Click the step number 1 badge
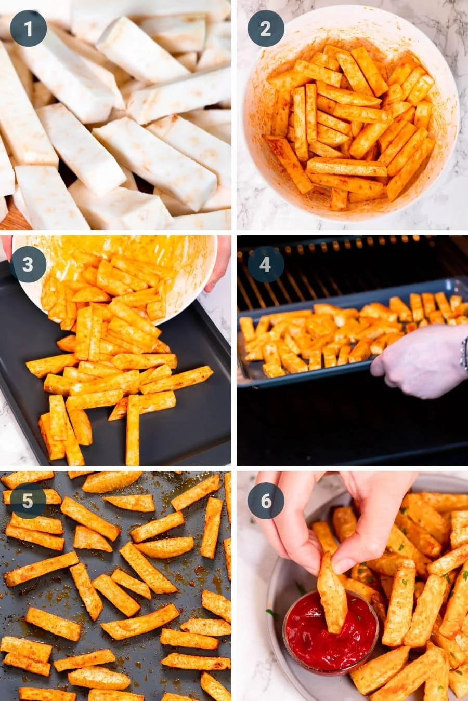[x=28, y=29]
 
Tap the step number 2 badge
[x=265, y=29]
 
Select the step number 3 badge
[x=28, y=264]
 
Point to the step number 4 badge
[x=265, y=264]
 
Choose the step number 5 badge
[x=28, y=501]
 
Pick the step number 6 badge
[x=265, y=501]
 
